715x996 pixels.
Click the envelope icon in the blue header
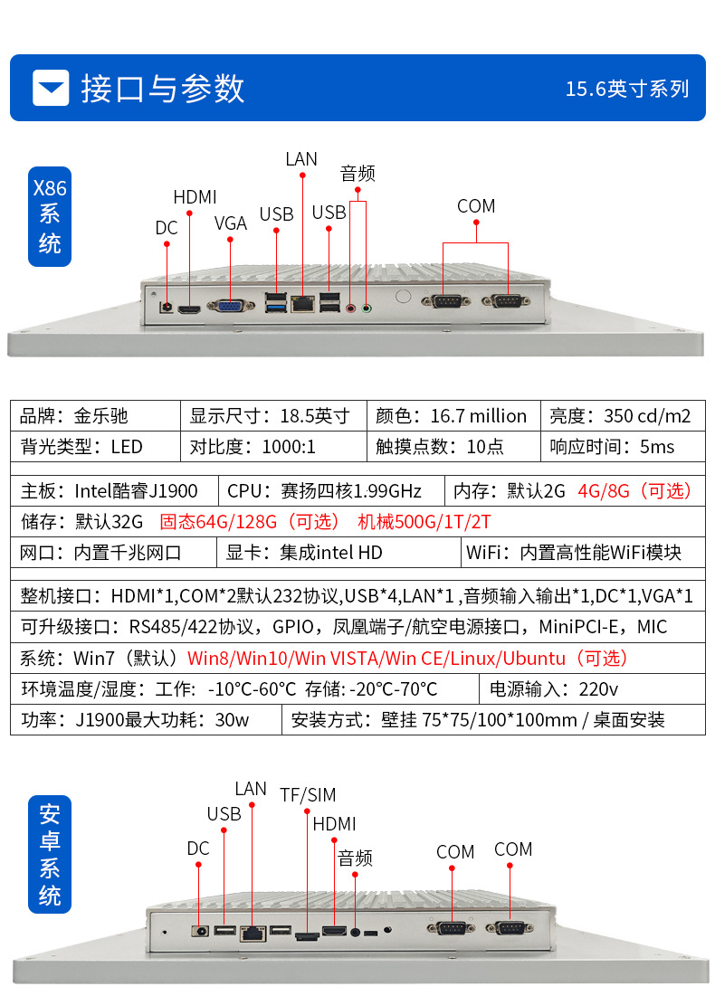coord(51,88)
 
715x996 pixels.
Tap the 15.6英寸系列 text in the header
coord(627,89)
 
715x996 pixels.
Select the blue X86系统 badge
coord(50,216)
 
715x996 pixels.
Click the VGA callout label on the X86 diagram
coord(231,223)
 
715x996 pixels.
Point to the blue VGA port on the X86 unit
coord(231,306)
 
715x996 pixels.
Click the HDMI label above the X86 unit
coord(195,197)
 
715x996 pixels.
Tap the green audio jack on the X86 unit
coord(367,308)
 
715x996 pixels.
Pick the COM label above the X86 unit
coord(476,206)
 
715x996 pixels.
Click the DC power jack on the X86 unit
coord(167,306)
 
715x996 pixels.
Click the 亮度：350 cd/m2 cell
coord(621,416)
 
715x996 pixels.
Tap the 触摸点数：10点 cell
coord(451,447)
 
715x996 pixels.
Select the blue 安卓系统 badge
coord(50,854)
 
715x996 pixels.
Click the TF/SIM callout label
coord(308,795)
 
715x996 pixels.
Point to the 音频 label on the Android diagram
coord(355,858)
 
